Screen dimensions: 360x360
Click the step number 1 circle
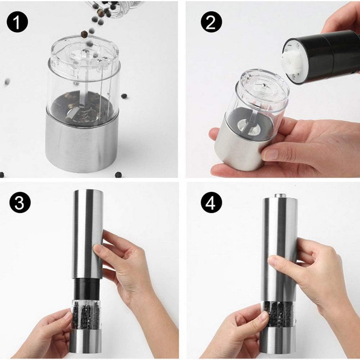pos(17,22)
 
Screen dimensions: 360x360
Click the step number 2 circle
pos(211,22)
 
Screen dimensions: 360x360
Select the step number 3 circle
pos(20,202)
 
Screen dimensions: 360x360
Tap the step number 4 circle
pos(211,202)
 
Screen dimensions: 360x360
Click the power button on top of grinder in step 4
pos(280,196)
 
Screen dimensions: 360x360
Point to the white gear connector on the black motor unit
pos(292,61)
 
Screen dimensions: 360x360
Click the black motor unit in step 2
pos(322,56)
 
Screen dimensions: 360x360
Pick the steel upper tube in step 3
pos(88,234)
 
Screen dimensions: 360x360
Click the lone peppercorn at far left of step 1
pos(7,81)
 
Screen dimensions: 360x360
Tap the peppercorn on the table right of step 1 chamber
pos(124,96)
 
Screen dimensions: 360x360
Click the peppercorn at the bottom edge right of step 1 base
pos(118,174)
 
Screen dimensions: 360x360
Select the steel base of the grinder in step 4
pos(278,340)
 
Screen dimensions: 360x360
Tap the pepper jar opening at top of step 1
pos(115,6)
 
